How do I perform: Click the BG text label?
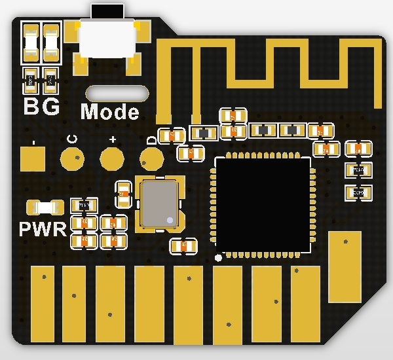pos(41,106)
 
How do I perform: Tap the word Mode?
pos(110,112)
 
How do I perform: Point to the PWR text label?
pos(43,229)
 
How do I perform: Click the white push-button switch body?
pos(108,39)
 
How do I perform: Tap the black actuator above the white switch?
pos(108,12)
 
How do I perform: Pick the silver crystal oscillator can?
pos(159,205)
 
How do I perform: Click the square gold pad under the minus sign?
pos(33,158)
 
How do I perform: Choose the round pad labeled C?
pos(72,158)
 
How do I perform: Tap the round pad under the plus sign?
pos(112,158)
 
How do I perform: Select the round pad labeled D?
pos(152,158)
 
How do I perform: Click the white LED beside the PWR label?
pos(45,207)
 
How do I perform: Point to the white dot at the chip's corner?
pos(219,257)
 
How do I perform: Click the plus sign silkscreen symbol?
pos(112,139)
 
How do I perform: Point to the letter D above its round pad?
pos(152,139)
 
